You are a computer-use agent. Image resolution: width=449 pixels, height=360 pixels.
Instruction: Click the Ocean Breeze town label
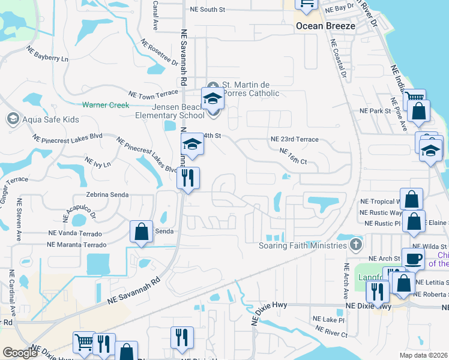click(x=325, y=26)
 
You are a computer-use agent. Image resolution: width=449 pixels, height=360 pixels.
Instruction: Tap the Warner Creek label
click(x=106, y=105)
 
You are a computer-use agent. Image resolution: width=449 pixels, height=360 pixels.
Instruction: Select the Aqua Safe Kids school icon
click(x=13, y=119)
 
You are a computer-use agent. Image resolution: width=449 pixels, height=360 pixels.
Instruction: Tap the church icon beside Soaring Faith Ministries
click(x=356, y=245)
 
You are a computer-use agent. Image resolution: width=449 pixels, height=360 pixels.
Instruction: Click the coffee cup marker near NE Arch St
click(x=412, y=258)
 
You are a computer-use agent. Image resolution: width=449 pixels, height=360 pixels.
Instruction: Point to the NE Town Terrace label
click(x=154, y=95)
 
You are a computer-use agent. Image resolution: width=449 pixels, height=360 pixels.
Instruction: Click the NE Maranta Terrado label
click(x=77, y=244)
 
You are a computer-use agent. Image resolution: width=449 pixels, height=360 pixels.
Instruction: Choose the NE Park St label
click(x=375, y=111)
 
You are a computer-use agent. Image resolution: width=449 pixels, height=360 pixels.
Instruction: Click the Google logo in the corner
click(x=20, y=353)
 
